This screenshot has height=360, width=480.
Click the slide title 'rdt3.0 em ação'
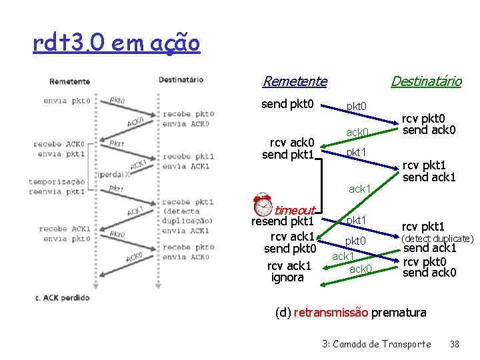tap(115, 43)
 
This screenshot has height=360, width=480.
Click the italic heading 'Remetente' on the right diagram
tap(295, 81)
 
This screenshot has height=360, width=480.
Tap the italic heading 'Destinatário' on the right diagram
tap(425, 81)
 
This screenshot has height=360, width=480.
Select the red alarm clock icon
tap(264, 204)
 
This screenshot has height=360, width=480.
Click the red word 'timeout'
tap(295, 210)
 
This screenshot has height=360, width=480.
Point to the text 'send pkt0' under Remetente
tap(287, 104)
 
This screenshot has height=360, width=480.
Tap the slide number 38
tap(455, 344)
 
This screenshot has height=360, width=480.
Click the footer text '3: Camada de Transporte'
tap(376, 344)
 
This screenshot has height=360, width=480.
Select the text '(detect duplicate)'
tap(437, 239)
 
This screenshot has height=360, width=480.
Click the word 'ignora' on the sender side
tap(287, 277)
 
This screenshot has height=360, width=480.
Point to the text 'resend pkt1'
tap(282, 222)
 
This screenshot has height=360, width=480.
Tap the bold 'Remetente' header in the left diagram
tap(69, 81)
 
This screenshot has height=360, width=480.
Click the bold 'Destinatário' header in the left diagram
tap(181, 80)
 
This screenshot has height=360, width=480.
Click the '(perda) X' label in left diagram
tap(112, 174)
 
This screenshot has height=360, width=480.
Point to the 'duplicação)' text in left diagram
tap(187, 221)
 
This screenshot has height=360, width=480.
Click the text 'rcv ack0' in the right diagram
tap(291, 142)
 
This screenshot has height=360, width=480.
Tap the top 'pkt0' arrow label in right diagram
tap(356, 107)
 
